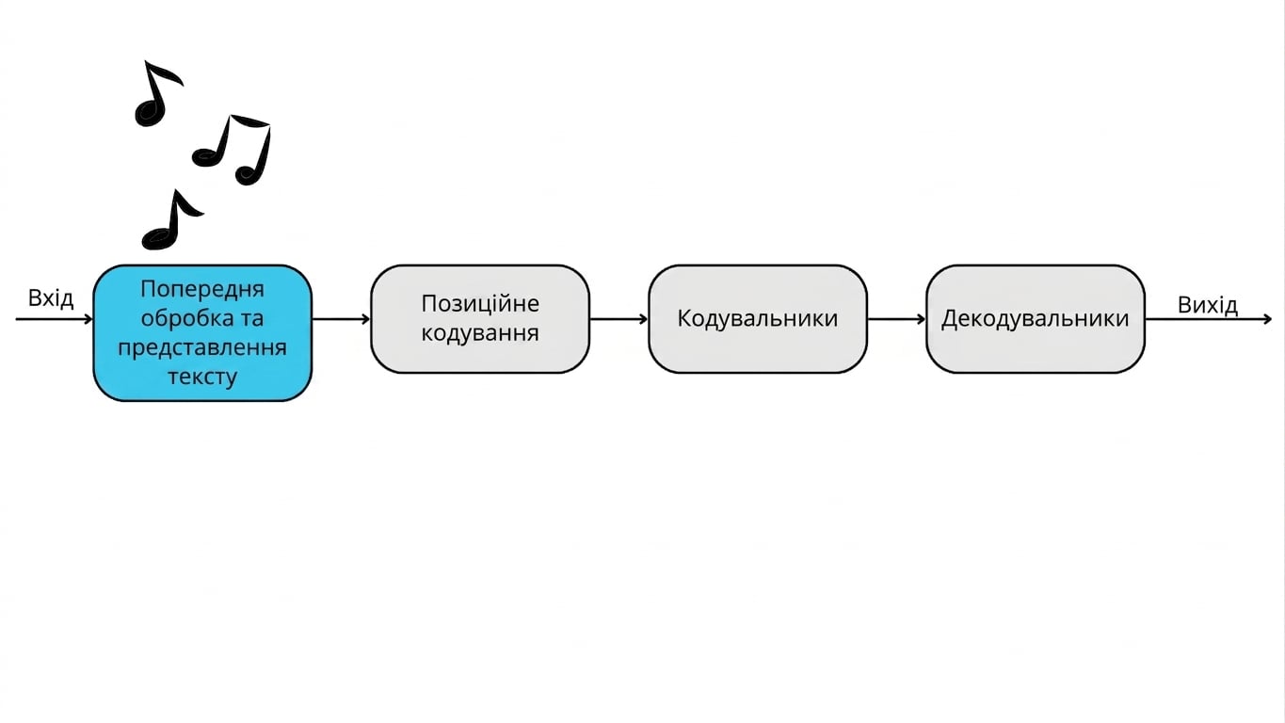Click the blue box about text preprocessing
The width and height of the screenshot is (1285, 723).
202,333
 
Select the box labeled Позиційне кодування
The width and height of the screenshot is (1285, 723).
480,319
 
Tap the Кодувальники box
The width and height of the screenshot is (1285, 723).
758,319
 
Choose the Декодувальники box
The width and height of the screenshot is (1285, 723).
1036,319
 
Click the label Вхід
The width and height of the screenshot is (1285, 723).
51,298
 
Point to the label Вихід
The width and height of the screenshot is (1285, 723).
1208,305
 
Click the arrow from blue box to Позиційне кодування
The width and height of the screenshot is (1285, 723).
342,319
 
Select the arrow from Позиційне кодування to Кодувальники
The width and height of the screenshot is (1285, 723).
619,319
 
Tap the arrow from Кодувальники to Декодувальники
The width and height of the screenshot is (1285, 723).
896,319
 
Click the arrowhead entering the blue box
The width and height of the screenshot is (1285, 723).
88,319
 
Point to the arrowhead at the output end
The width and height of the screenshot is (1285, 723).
1268,319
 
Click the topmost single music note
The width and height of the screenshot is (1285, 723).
156,93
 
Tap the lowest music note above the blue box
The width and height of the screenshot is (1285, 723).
171,221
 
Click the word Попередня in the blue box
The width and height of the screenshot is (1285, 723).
202,289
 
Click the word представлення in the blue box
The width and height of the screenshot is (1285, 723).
202,348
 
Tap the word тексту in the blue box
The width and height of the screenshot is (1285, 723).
202,377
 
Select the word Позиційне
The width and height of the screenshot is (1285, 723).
480,303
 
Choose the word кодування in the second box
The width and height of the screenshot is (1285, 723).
480,333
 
